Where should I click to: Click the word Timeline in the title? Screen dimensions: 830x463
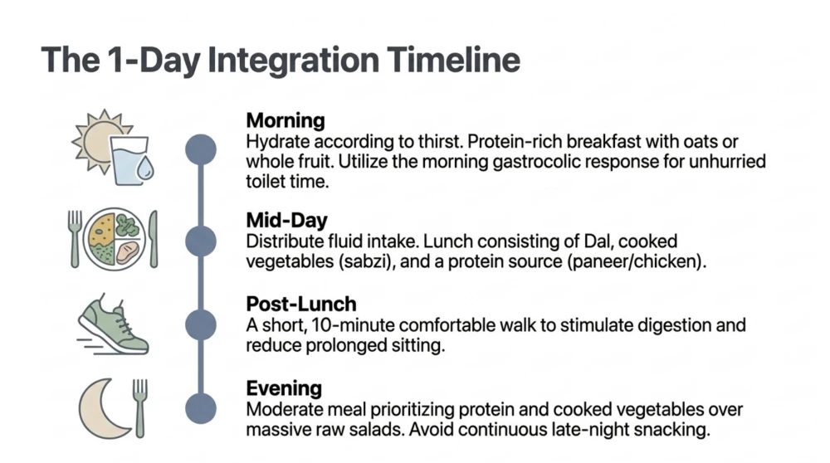coord(453,59)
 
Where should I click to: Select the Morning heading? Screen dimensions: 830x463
coord(286,120)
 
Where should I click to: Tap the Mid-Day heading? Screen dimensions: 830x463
coord(287,220)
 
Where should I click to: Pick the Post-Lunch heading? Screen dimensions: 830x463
coord(301,304)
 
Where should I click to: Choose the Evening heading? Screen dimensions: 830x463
coord(284,388)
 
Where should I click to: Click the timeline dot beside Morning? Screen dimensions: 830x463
coord(201,149)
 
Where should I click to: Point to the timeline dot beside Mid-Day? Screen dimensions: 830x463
coord(201,241)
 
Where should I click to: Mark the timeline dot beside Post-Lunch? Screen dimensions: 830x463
coord(201,324)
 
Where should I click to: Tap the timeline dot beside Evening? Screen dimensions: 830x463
coord(201,408)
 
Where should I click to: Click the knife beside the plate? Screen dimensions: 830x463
coord(154,239)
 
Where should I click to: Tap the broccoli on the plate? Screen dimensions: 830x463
coord(128,226)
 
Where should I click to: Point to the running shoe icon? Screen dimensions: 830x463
coord(113,326)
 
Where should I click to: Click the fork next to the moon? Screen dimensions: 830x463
coord(139,408)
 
